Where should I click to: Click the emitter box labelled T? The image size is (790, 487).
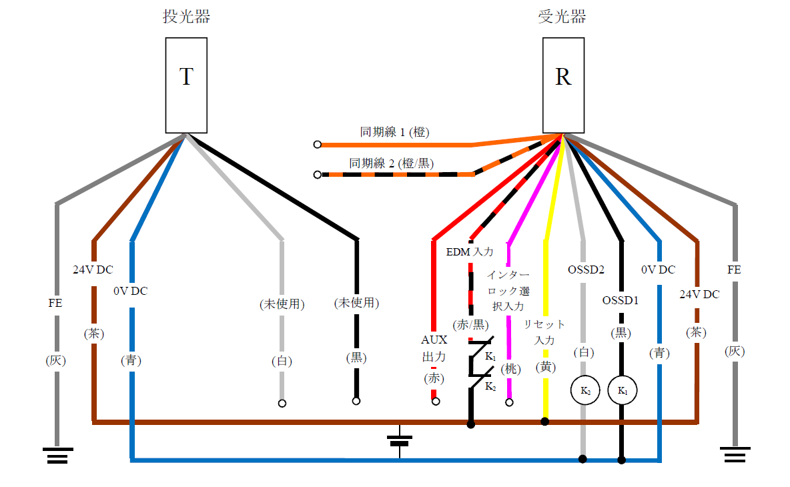point(186,85)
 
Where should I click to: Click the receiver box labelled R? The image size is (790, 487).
point(563,85)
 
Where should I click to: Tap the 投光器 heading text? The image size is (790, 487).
point(186,17)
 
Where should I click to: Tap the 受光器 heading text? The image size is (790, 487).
point(562,17)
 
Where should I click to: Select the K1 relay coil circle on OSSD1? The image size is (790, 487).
point(622,390)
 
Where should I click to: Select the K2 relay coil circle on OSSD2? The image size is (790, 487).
point(584,390)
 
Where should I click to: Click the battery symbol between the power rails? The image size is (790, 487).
point(400,440)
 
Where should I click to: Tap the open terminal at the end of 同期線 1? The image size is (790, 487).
point(318,144)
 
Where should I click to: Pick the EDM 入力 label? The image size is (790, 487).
point(470,252)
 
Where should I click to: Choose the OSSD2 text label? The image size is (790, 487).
point(586,270)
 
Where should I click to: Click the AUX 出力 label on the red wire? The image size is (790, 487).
point(434,348)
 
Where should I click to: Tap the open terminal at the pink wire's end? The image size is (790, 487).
point(510,402)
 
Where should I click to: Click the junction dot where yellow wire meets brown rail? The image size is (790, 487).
point(545,421)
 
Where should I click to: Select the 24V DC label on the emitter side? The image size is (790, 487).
point(93,270)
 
